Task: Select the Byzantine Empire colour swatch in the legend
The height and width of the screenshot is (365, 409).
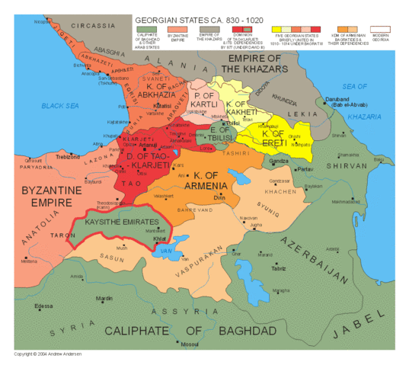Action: pyautogui.click(x=179, y=28)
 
